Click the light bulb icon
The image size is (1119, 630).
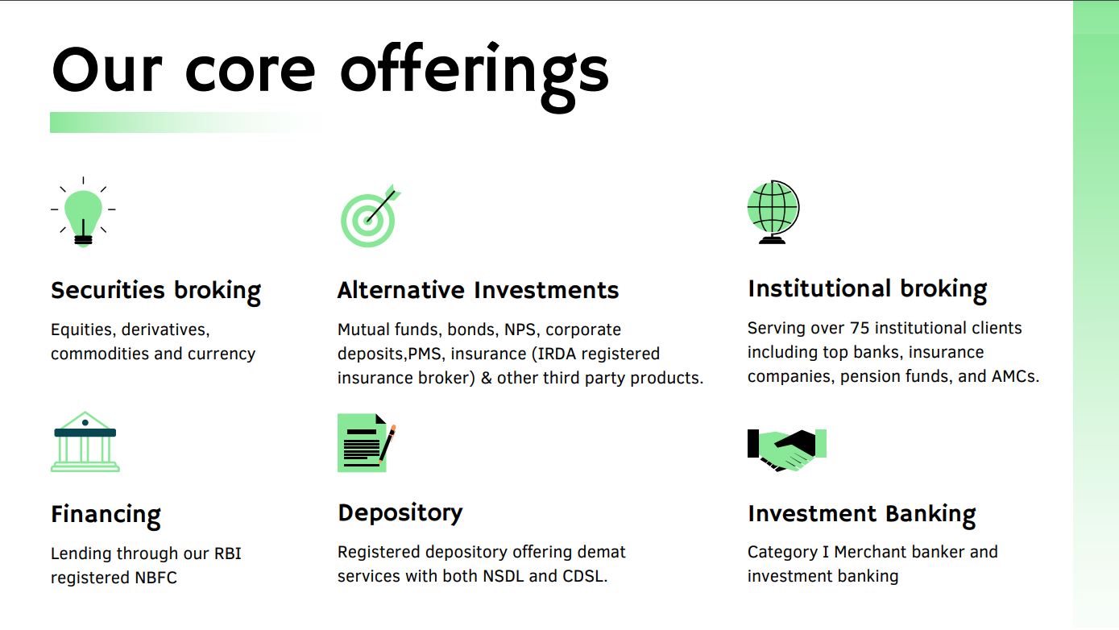click(x=83, y=213)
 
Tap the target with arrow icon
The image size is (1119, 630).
click(x=370, y=216)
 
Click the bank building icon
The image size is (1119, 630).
click(x=85, y=442)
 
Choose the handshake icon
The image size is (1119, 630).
click(x=787, y=450)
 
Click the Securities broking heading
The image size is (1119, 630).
click(x=155, y=291)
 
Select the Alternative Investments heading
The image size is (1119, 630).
click(x=478, y=291)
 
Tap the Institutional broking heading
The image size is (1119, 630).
click(x=867, y=289)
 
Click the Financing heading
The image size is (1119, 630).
click(x=106, y=515)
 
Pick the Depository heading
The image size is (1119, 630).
click(x=400, y=513)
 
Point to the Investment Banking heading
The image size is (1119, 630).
click(x=861, y=514)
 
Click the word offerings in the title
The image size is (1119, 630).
click(x=474, y=71)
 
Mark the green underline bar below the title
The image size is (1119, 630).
click(x=185, y=122)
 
